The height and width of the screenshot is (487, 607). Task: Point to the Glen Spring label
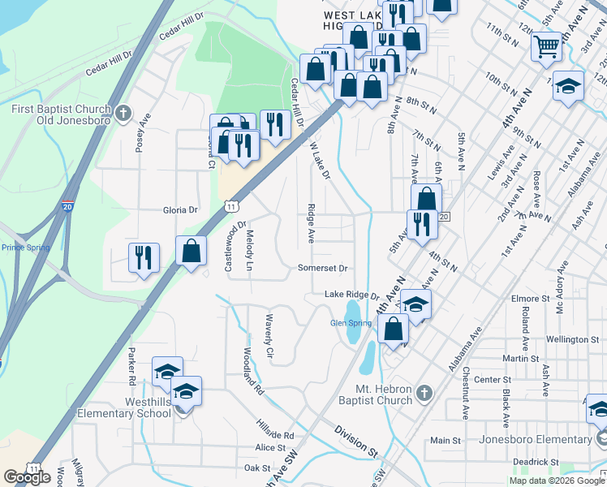click(351, 323)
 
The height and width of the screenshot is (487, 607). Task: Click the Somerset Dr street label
click(322, 268)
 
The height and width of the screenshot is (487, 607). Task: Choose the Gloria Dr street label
click(180, 209)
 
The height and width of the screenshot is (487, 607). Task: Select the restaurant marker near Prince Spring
click(144, 257)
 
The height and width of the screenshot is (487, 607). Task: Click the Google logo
click(27, 476)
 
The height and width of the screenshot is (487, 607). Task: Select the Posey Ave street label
click(144, 131)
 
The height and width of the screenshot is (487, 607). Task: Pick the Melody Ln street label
click(250, 251)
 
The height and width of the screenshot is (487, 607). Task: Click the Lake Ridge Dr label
click(352, 295)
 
